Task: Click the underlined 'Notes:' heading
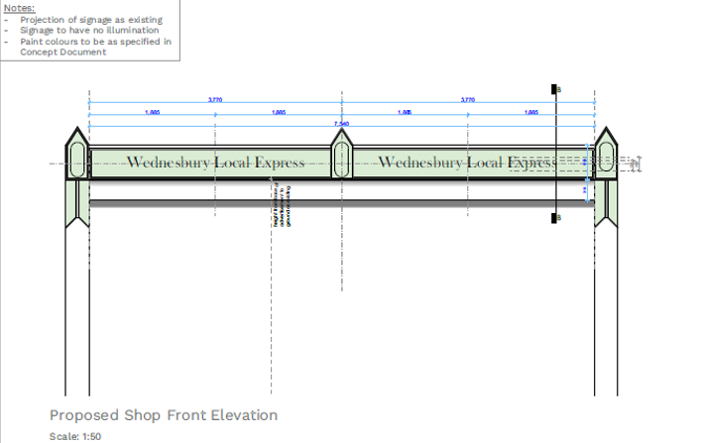coord(20,8)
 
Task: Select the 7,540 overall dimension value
coord(341,123)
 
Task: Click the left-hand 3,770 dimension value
coord(215,100)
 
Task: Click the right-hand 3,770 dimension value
coord(468,100)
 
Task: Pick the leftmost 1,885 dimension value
coord(152,113)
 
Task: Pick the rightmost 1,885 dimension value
coord(531,113)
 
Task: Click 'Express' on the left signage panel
coord(278,163)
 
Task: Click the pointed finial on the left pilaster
coord(77,136)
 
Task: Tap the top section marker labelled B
coord(556,89)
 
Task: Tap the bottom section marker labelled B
coord(556,218)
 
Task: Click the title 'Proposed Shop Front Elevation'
coord(164,415)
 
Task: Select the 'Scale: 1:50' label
coord(75,436)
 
